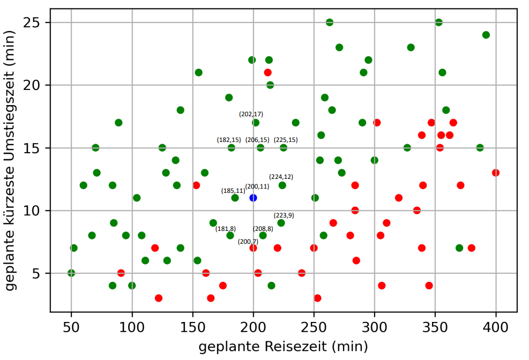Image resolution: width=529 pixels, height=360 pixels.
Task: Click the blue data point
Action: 253,198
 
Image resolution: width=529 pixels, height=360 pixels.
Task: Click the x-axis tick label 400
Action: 496,326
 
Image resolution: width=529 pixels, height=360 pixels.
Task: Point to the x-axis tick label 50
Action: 71,326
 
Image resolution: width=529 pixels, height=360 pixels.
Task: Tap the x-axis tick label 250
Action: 314,326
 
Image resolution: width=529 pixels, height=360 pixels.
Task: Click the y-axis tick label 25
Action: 37,22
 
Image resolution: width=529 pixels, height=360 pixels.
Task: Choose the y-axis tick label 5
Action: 41,273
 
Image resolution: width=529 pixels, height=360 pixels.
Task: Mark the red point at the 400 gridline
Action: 496,172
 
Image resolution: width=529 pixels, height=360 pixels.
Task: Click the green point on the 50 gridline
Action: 71,273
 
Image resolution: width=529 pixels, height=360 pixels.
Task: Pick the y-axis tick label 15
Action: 37,148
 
